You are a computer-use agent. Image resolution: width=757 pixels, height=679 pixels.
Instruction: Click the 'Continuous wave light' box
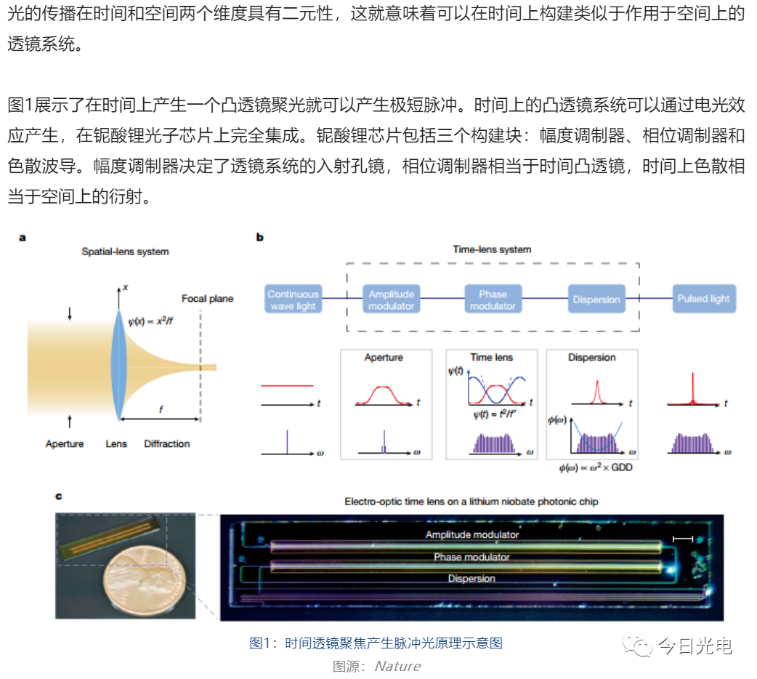[293, 299]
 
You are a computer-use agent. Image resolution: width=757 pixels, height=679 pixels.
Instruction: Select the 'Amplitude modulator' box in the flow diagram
[391, 299]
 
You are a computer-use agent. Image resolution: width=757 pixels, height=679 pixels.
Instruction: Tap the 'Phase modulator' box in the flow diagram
[493, 299]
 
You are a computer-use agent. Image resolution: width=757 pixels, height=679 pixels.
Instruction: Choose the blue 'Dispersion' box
[596, 299]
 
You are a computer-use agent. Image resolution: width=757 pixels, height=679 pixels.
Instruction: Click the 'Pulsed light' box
[704, 299]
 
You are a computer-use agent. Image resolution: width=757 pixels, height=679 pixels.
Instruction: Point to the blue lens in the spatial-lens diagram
[118, 365]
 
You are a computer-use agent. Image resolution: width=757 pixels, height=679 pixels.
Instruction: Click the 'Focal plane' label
[208, 299]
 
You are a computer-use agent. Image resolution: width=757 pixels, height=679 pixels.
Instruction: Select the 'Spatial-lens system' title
[125, 252]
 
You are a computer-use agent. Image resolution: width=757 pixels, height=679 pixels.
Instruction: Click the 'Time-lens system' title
[492, 249]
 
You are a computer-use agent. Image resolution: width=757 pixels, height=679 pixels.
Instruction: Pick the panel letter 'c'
[58, 497]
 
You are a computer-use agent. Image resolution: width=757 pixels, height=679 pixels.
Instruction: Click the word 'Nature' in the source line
[398, 666]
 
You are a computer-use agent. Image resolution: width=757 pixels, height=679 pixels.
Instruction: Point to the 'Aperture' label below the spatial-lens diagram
[65, 443]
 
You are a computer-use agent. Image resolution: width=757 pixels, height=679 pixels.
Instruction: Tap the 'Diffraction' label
[167, 443]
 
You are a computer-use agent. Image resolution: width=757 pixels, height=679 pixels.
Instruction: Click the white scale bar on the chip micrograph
[683, 539]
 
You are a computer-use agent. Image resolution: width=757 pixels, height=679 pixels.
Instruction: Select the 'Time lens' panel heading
[492, 357]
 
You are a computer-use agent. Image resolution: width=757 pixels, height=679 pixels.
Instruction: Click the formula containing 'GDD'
[596, 467]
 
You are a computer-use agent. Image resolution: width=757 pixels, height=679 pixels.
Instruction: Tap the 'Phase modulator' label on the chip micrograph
[471, 557]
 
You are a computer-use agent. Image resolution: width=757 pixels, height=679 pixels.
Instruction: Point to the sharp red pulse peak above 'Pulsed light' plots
[693, 374]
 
